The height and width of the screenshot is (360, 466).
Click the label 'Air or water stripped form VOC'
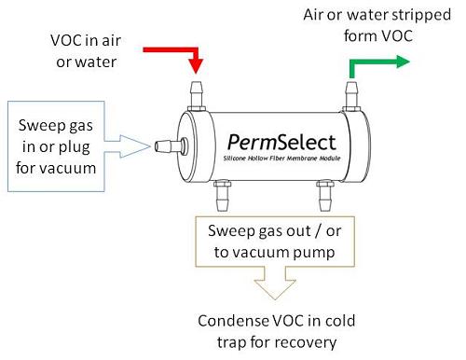pyautogui.click(x=385, y=26)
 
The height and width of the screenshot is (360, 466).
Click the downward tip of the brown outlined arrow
pyautogui.click(x=273, y=301)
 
